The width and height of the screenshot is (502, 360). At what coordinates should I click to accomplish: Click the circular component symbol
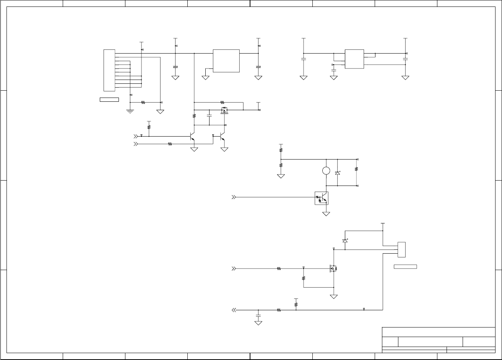click(x=326, y=171)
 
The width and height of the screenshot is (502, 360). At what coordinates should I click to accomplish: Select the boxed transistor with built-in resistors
click(x=322, y=198)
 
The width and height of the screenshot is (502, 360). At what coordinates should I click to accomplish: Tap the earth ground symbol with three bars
click(x=130, y=111)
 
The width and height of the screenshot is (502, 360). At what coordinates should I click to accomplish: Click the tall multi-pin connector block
click(x=109, y=70)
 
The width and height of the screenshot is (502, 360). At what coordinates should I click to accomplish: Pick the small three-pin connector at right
click(x=401, y=249)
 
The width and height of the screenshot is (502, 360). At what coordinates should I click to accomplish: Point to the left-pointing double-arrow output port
click(x=234, y=310)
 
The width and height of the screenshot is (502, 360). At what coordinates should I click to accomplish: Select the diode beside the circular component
click(x=337, y=173)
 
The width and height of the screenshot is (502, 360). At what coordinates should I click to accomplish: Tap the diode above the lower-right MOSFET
click(x=345, y=241)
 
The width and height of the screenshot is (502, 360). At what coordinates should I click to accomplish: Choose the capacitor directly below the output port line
click(x=258, y=316)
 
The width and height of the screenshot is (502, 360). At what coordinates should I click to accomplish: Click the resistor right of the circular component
click(x=356, y=169)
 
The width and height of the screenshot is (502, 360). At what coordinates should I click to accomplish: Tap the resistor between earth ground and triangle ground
click(x=143, y=102)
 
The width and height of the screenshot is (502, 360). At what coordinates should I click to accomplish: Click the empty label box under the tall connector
click(x=109, y=100)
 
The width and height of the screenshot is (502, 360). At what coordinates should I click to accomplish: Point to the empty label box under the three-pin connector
click(x=405, y=267)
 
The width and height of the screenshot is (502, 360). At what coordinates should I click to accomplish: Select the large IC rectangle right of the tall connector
click(x=226, y=60)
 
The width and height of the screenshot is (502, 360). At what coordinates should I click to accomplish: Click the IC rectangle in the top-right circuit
click(x=354, y=59)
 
